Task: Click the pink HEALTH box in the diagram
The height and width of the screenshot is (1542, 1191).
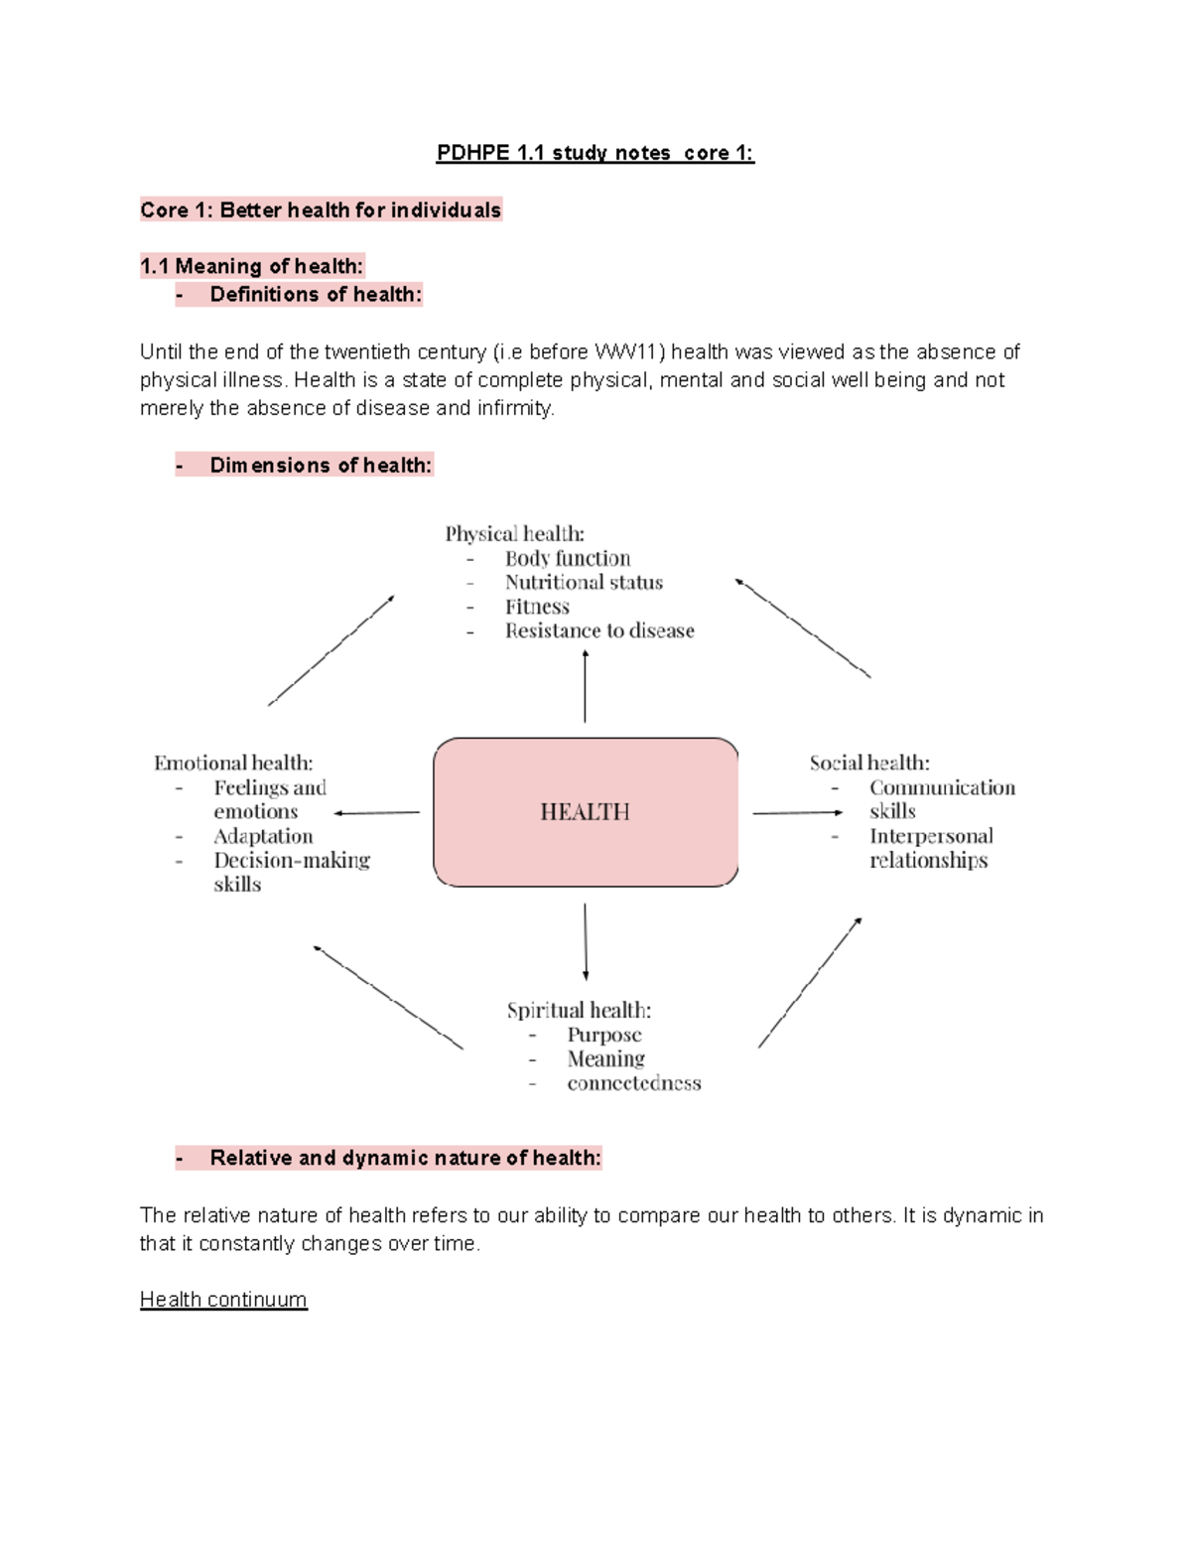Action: pos(586,812)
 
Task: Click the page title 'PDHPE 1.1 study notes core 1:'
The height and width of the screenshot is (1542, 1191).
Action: pos(595,153)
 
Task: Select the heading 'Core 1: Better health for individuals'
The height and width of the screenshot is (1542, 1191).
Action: pos(321,210)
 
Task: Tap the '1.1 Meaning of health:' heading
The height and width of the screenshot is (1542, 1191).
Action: pos(252,266)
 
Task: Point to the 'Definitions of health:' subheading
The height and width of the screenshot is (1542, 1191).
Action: pos(316,294)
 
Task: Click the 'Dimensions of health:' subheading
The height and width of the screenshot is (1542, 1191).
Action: pos(321,465)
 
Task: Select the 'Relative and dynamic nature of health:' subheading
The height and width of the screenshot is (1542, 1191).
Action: pos(405,1158)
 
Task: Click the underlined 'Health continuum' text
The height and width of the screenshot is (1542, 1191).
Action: pos(223,1300)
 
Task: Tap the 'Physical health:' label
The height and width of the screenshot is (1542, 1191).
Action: pos(514,534)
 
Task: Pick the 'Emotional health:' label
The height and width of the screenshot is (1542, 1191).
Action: pos(233,763)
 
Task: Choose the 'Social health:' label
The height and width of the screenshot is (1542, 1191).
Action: pos(869,763)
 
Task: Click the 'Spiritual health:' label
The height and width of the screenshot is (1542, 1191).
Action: pos(579,1010)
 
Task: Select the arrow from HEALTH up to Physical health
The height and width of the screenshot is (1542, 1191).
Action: pos(585,686)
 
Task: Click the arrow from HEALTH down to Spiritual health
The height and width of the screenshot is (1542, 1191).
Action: pos(586,941)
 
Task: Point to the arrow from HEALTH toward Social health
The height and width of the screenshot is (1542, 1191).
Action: pos(797,813)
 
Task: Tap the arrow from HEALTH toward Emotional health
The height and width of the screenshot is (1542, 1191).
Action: pos(377,813)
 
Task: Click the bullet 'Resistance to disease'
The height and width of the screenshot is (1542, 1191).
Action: pos(599,631)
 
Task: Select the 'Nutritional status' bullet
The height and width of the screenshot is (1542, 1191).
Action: pos(584,582)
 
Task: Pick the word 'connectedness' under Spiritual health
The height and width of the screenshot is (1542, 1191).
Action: pos(634,1083)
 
